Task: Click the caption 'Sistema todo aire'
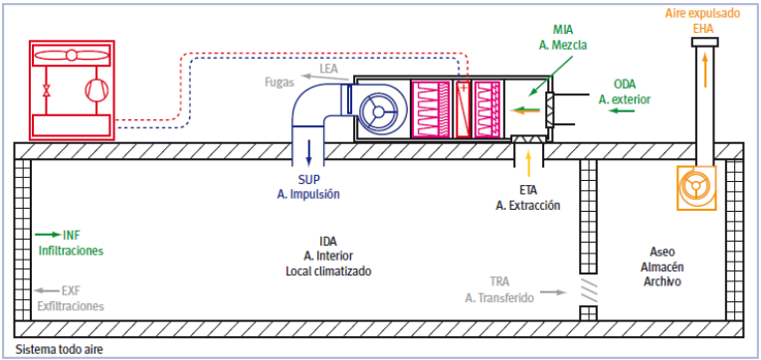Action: click(60, 349)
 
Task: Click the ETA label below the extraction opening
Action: click(527, 191)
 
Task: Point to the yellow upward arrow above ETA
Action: click(528, 163)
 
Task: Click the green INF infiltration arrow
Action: click(48, 236)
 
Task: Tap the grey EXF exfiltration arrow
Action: click(47, 290)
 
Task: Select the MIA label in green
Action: click(562, 31)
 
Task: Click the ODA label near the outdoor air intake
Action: click(624, 86)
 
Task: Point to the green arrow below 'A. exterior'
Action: click(623, 111)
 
